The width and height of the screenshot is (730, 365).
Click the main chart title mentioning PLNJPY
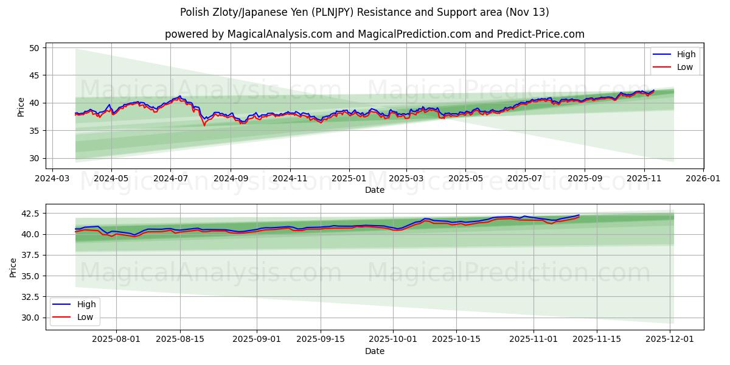(364, 12)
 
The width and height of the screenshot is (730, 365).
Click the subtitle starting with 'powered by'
(374, 34)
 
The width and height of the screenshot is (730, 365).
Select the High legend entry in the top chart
(685, 54)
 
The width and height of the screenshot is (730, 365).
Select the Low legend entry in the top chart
(684, 67)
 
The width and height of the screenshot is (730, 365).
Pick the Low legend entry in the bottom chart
(84, 317)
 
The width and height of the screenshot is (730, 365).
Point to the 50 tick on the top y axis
(34, 48)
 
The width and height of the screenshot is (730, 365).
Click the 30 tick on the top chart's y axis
(34, 158)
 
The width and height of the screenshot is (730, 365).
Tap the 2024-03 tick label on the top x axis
(52, 179)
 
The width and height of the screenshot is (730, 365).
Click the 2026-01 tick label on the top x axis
(703, 179)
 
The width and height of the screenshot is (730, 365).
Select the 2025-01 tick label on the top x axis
(349, 179)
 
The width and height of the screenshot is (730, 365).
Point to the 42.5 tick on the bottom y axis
(29, 214)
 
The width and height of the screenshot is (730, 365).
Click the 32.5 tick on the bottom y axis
(29, 297)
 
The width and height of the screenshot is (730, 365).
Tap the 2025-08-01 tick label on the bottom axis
(117, 339)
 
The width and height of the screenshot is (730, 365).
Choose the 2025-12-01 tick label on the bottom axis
(670, 339)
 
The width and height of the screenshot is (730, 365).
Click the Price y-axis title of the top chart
(21, 106)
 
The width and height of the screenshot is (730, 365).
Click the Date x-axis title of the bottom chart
(374, 351)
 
